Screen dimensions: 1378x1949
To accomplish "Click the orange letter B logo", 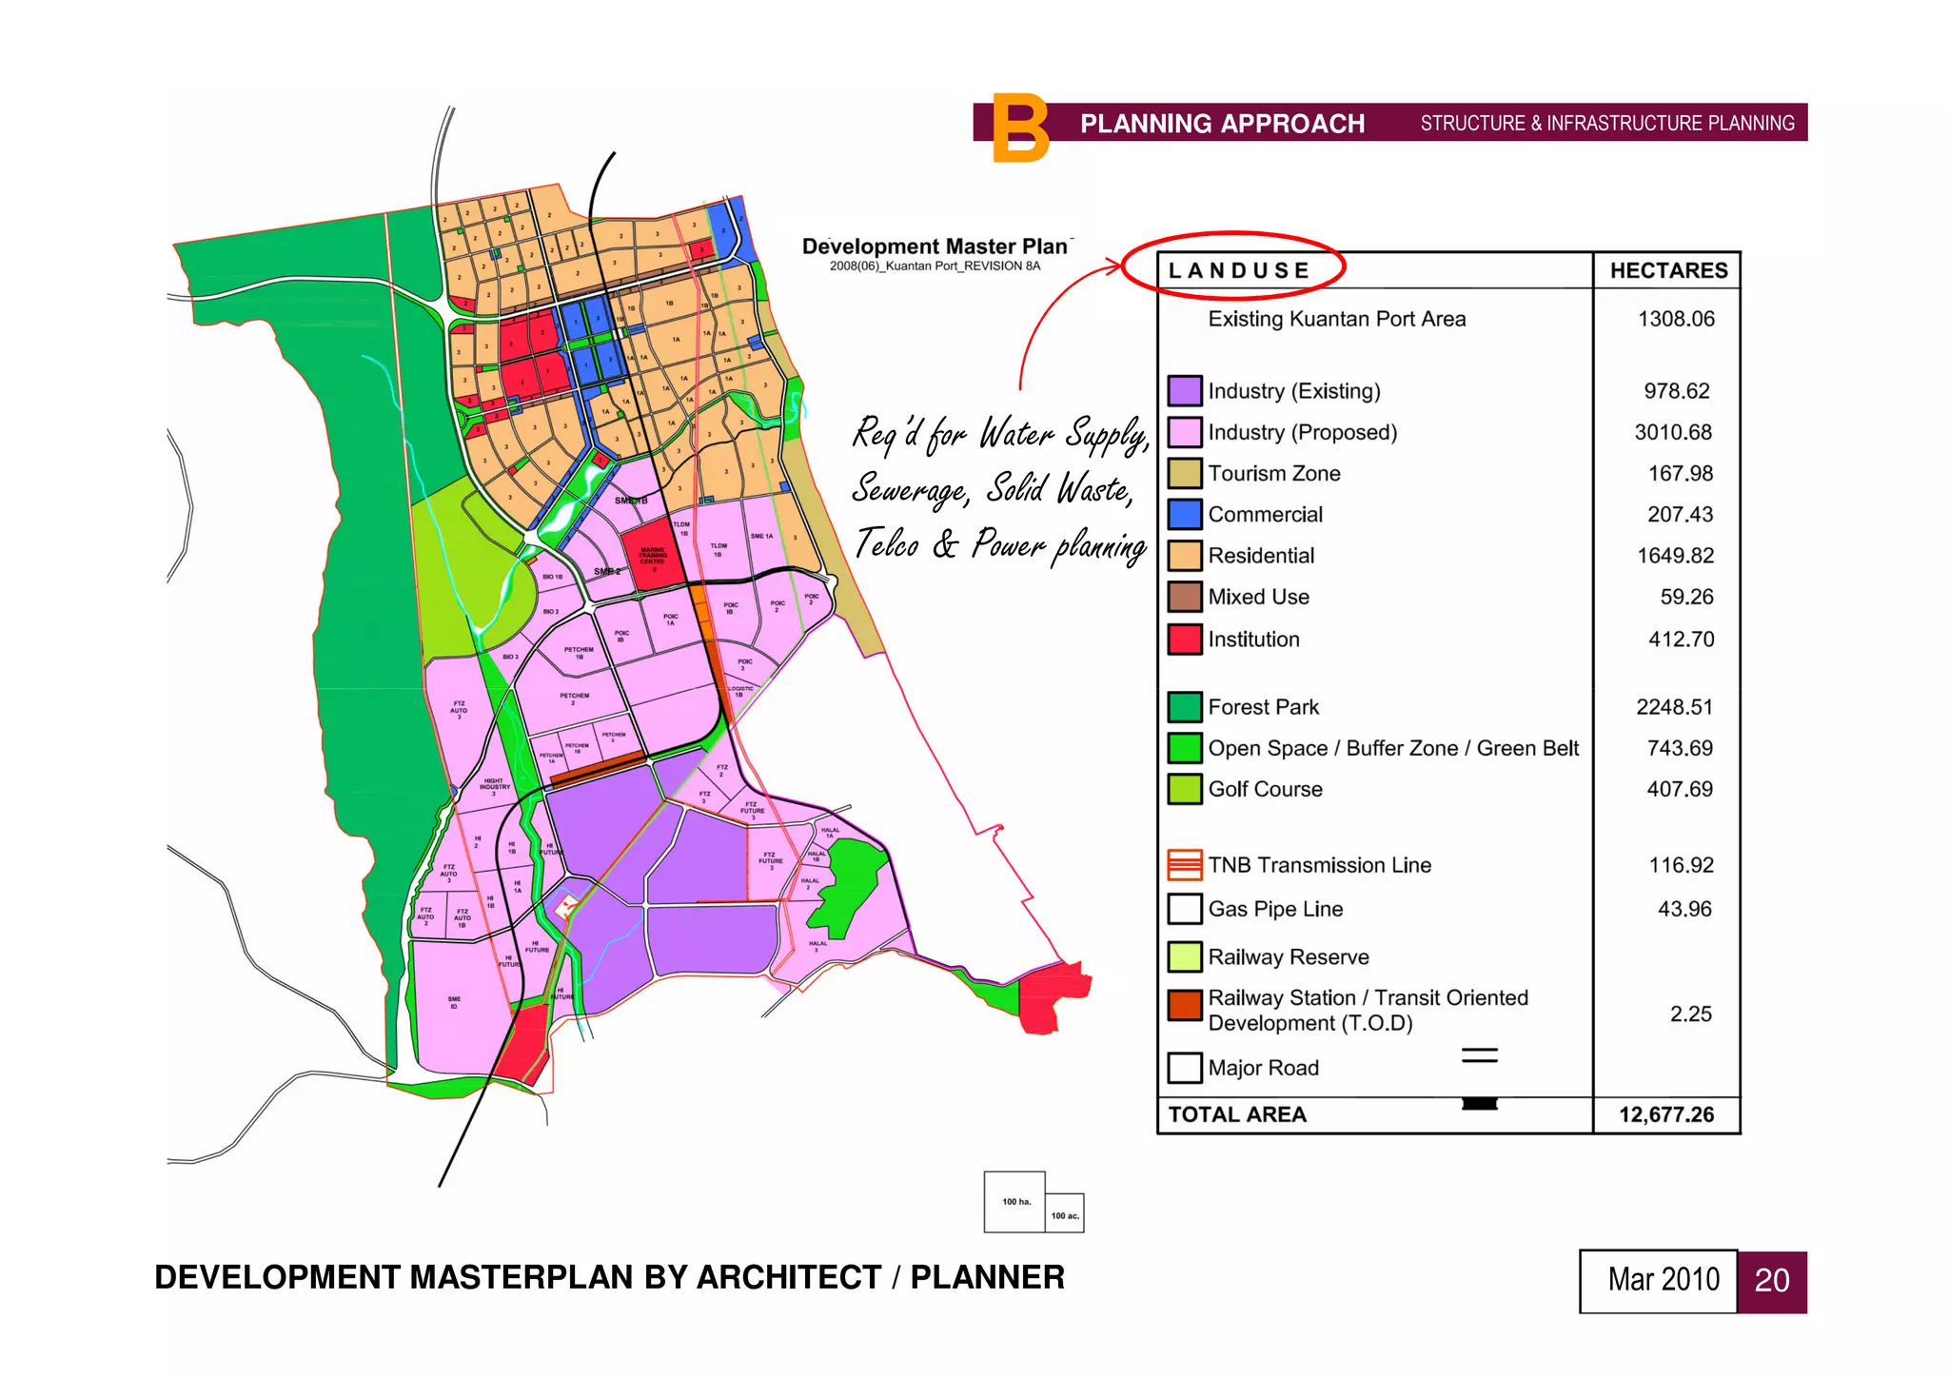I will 1019,128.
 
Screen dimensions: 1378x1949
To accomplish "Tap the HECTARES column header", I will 1668,270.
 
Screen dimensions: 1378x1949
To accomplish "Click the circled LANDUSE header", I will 1238,270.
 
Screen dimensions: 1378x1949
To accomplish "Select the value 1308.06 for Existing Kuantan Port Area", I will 1676,319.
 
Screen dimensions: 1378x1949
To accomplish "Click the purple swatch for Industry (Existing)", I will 1184,391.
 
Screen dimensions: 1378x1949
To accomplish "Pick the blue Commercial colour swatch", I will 1184,515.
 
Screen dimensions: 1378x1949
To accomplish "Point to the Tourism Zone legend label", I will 1273,473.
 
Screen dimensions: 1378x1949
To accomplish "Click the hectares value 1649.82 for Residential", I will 1675,556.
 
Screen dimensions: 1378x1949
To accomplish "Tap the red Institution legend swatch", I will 1184,639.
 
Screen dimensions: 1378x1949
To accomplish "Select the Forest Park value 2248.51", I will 1674,707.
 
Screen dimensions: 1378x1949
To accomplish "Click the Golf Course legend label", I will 1265,789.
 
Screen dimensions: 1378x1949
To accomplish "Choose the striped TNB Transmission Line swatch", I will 1184,865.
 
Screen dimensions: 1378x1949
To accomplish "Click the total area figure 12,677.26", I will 1666,1114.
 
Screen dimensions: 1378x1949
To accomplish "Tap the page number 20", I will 1771,1281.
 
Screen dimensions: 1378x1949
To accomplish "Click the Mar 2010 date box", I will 1663,1281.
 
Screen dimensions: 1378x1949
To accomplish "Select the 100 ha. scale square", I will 1014,1202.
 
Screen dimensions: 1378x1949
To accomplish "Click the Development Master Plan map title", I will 935,246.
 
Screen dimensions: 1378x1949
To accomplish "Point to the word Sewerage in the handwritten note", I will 910,489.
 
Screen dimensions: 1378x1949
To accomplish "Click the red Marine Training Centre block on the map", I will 653,553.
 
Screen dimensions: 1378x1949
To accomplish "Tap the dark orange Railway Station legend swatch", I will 1184,1005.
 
